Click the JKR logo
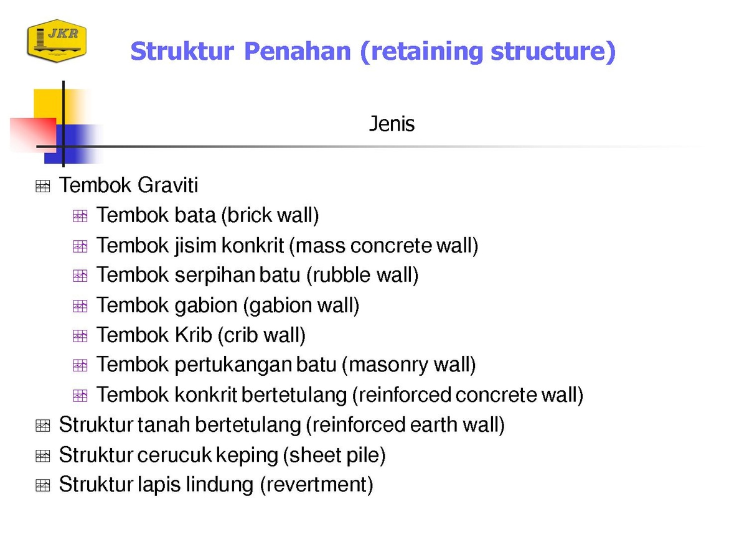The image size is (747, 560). click(x=57, y=41)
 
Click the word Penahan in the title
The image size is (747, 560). click(x=297, y=51)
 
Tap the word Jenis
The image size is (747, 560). click(x=392, y=123)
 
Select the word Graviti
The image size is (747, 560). click(x=167, y=185)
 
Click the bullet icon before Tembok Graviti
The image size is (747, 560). click(x=42, y=186)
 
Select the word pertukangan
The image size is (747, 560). click(x=234, y=365)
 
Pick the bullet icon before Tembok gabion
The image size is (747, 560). click(x=80, y=306)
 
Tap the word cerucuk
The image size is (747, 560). click(x=174, y=455)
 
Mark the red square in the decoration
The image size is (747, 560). click(x=34, y=135)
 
